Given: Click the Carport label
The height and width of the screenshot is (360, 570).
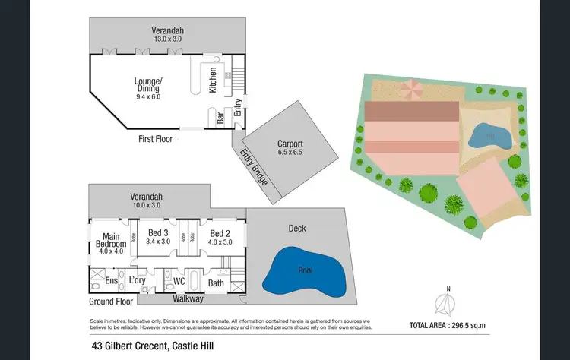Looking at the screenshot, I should [290, 144].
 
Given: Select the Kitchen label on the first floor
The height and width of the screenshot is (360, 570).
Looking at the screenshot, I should [214, 80].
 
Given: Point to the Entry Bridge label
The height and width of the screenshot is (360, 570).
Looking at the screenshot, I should [253, 167].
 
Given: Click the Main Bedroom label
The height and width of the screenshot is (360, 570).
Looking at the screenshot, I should [105, 239].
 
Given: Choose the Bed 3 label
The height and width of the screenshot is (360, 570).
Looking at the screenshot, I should [156, 233].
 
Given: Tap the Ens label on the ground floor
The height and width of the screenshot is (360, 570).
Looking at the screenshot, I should [111, 281].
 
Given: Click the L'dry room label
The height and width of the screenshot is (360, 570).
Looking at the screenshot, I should [137, 281].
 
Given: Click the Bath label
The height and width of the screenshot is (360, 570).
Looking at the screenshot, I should [216, 283].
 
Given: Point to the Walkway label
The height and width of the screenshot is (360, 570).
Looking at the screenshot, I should [188, 298].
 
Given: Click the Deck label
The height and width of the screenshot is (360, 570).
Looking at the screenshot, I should [297, 228].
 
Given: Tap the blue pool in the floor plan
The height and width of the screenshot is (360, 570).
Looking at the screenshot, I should [303, 272].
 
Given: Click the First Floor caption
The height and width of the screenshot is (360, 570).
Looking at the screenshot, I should [155, 139].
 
